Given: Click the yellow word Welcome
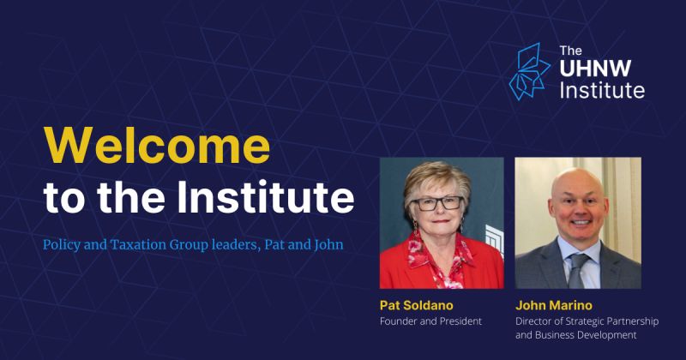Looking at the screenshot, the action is (157, 146).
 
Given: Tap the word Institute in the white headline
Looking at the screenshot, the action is (265, 197).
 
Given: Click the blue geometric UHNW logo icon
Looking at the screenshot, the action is (529, 71).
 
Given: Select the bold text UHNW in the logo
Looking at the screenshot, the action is (595, 69).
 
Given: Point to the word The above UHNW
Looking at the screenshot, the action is (570, 51).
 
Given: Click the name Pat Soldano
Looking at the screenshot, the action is (416, 305).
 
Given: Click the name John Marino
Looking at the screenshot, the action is (553, 305).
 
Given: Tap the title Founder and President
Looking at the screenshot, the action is (430, 321).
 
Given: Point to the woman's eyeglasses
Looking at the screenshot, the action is (436, 203).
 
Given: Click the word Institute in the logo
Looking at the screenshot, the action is (602, 90).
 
